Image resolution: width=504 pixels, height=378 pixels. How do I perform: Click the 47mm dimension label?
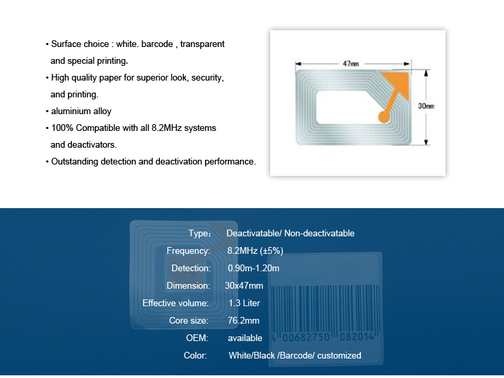coord(351,64)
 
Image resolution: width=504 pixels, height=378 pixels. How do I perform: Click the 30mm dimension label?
coord(426,105)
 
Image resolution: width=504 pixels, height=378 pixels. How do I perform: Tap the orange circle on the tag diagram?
coord(384,117)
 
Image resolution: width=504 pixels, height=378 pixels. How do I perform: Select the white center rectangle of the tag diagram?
coord(347,107)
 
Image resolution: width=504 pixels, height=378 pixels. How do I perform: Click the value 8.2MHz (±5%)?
coord(255,250)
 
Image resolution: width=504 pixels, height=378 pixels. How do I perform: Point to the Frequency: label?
coord(188,250)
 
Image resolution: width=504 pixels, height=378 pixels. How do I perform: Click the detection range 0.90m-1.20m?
coord(253,268)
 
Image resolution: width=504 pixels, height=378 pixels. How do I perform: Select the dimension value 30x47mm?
coord(244,285)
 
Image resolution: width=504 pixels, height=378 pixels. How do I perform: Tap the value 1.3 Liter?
coord(245,303)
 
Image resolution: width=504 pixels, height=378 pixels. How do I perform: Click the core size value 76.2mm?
coord(244,320)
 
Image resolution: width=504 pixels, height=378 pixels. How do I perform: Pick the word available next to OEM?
coord(245,338)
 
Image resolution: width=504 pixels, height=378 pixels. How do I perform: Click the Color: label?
coord(195,356)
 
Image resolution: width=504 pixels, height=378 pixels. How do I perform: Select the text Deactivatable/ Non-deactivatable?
coord(290,233)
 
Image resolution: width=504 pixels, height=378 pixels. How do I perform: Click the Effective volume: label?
coord(175,303)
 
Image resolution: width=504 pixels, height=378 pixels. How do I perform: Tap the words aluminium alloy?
coord(81,111)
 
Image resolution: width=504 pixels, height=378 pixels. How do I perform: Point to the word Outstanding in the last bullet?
coord(75,161)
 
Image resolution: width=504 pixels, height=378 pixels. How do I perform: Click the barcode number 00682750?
coord(306,337)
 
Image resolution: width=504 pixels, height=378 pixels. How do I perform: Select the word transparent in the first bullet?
coord(202,44)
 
